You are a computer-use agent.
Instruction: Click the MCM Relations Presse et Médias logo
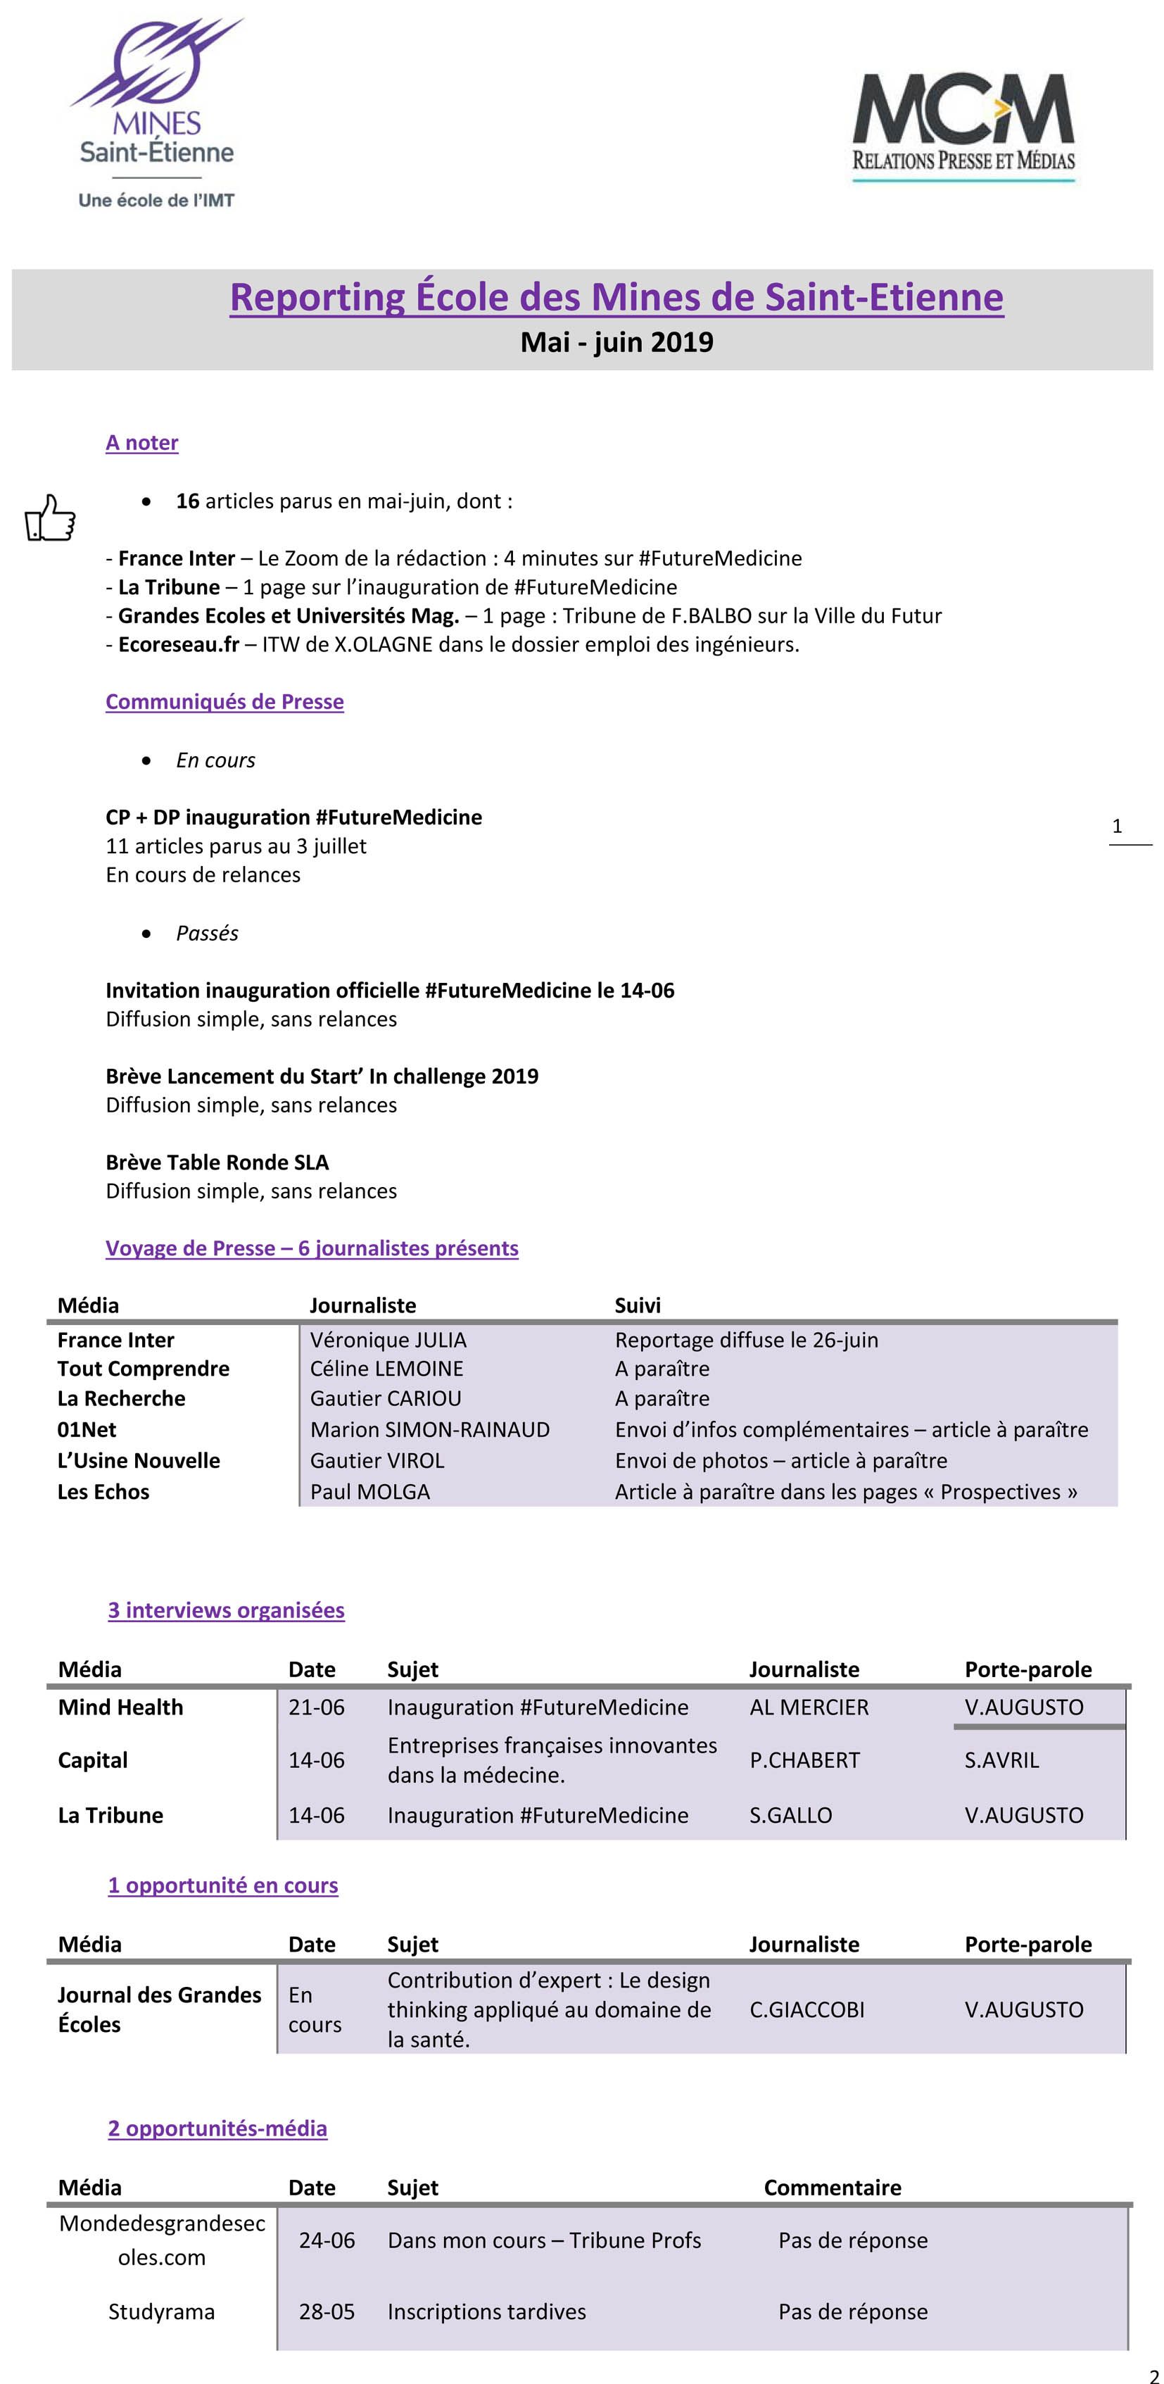[x=963, y=127]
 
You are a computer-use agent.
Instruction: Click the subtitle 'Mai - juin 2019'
[x=616, y=342]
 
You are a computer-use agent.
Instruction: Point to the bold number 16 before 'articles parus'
[x=188, y=501]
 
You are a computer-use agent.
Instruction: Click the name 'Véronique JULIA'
[x=388, y=1339]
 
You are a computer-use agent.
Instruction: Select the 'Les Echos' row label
[x=103, y=1491]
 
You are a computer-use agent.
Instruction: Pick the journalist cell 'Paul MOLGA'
[x=369, y=1491]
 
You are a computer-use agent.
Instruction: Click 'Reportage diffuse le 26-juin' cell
[x=746, y=1339]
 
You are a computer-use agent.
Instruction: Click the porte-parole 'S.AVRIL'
[x=1001, y=1759]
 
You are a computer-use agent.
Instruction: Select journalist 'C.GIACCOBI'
[x=806, y=2009]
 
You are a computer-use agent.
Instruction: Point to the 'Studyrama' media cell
[x=161, y=2311]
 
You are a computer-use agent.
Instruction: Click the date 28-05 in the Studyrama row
[x=327, y=2311]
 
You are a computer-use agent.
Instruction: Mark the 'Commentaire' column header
[x=832, y=2187]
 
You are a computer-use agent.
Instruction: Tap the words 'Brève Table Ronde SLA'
[x=217, y=1162]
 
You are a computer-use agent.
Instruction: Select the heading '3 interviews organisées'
[x=226, y=1610]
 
